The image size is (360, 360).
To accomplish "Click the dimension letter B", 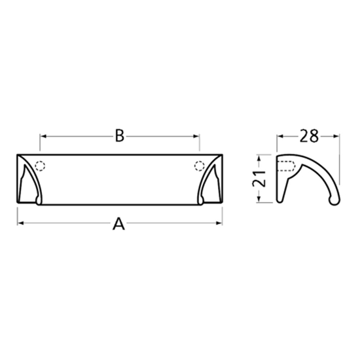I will [120, 135].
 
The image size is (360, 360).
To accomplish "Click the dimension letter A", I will [118, 224].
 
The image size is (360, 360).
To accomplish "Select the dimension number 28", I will [308, 136].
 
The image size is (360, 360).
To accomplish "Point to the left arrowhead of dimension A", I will [20, 224].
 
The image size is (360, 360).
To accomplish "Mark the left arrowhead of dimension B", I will [43, 136].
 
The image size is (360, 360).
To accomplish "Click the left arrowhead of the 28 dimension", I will [279, 136].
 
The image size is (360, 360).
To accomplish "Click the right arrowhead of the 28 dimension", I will [336, 136].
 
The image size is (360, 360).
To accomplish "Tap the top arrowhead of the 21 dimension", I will [261, 158].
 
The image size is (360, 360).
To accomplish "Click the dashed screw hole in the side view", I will [287, 165].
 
